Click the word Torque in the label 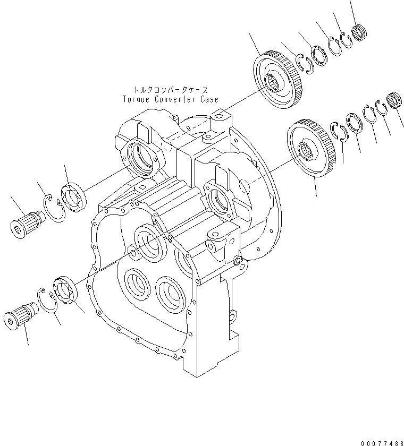[x=136, y=99]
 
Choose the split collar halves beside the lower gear [x=339, y=132]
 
